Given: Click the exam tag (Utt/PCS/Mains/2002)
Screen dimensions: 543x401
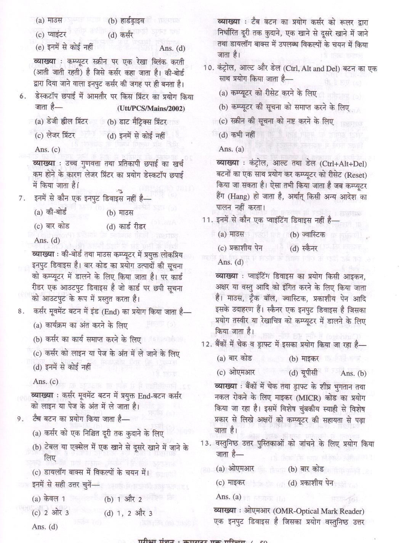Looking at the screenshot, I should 151,109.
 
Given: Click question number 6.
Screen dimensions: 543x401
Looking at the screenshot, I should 22,96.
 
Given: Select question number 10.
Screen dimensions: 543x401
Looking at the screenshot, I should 208,69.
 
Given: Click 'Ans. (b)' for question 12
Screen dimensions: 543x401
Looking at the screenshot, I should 353,373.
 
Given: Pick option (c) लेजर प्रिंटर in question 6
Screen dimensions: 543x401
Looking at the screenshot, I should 55,135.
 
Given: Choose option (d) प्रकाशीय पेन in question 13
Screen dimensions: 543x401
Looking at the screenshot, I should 311,483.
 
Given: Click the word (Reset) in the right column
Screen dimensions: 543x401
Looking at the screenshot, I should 354,175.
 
